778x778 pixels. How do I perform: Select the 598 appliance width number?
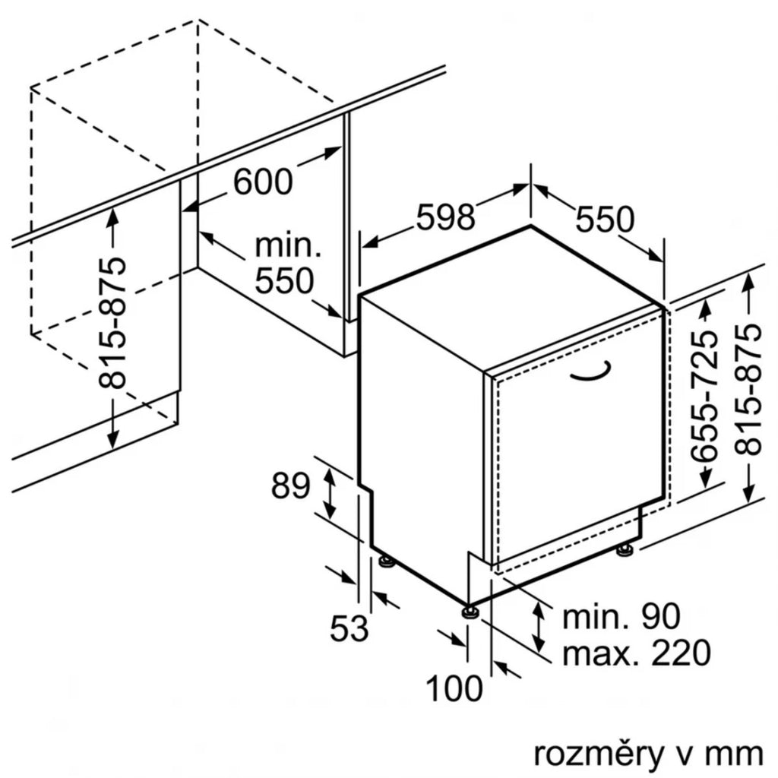click(x=445, y=217)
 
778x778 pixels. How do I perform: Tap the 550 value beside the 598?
click(x=605, y=219)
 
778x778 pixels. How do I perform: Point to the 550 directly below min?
click(x=284, y=281)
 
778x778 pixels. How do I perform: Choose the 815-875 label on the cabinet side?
click(x=112, y=322)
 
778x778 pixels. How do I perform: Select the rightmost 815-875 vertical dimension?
click(x=748, y=389)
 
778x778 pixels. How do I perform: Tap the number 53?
click(x=349, y=628)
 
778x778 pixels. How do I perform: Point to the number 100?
click(x=454, y=688)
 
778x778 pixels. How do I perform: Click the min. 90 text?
click(x=621, y=617)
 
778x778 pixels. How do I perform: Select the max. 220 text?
click(x=637, y=653)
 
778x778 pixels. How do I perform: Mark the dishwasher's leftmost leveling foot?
click(x=386, y=561)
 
